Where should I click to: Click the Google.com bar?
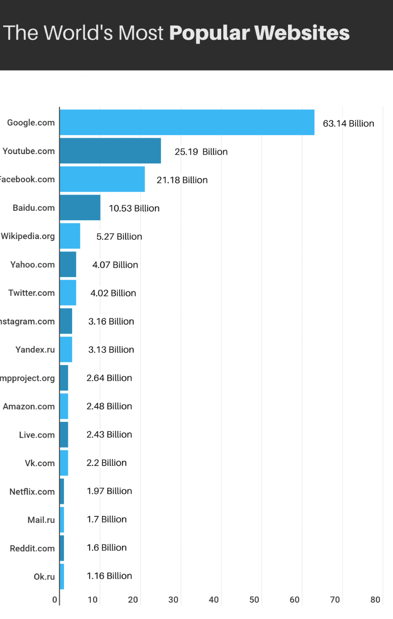point(187,122)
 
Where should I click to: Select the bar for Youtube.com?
point(110,151)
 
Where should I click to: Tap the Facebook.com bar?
point(102,179)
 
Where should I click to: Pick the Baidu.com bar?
point(80,208)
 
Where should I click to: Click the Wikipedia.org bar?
point(70,236)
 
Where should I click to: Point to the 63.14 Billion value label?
point(348,123)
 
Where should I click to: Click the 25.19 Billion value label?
point(201,152)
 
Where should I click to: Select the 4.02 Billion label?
point(113,293)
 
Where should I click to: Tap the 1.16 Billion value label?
point(109,576)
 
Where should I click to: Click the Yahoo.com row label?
point(32,265)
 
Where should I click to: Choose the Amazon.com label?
point(29,407)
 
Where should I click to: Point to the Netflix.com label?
point(32,492)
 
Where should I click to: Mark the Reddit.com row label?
point(32,549)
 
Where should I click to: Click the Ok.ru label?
point(44,577)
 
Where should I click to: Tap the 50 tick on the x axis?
point(254,600)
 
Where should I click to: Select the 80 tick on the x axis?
point(375,600)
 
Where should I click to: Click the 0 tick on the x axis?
point(55,600)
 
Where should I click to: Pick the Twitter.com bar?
point(68,293)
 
